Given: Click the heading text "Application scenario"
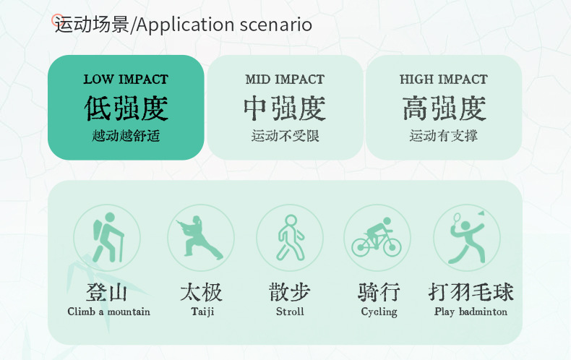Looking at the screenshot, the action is click(x=224, y=25).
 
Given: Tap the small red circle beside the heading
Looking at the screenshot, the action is click(x=57, y=20).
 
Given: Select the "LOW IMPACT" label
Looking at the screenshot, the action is click(x=126, y=79).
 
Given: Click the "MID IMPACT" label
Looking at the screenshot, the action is click(x=285, y=79).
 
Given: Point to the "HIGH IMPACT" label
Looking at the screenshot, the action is click(x=444, y=79).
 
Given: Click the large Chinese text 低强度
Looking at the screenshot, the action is click(x=126, y=108).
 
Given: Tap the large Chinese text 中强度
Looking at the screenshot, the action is click(x=285, y=108).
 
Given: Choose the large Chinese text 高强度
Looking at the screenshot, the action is click(x=444, y=108).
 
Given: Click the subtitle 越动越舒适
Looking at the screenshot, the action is click(x=126, y=136).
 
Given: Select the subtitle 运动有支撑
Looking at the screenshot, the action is click(x=444, y=136).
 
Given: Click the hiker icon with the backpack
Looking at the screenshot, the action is click(x=108, y=238).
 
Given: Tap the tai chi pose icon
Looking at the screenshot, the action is click(x=199, y=237).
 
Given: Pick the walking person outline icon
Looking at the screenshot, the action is click(x=291, y=238).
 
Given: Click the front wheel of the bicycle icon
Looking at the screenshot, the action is click(x=392, y=247).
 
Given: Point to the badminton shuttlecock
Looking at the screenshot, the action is click(x=481, y=213).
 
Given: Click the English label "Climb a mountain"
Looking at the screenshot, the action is click(x=108, y=312).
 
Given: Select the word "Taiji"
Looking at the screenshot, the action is click(x=202, y=312).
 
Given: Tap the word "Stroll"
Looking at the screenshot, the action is click(x=290, y=312).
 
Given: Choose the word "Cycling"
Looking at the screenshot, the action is click(x=379, y=312).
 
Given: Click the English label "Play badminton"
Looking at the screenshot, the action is click(x=471, y=312).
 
